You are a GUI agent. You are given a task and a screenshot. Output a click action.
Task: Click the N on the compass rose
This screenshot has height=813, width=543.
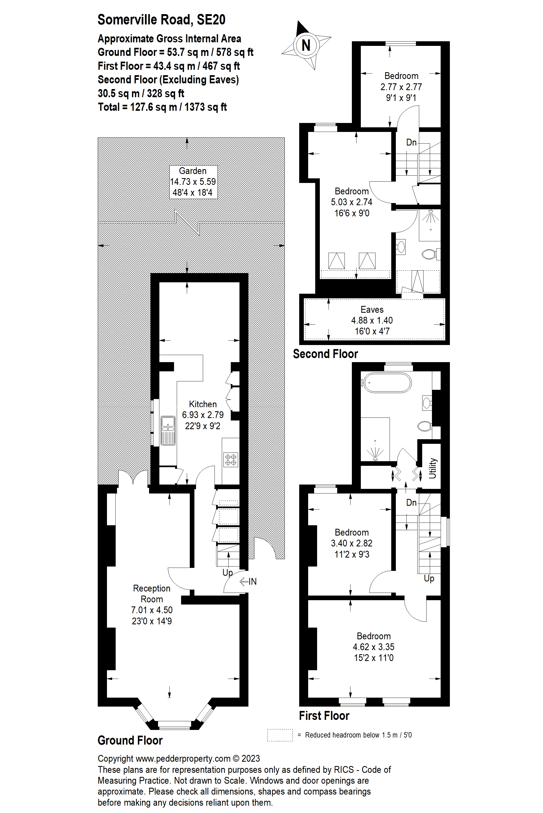[306, 45]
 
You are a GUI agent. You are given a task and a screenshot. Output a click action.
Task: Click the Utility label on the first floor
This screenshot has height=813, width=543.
[432, 468]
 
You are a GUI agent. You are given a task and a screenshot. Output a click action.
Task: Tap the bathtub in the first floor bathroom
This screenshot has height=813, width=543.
[387, 382]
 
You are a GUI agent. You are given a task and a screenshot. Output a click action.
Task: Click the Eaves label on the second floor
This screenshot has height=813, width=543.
[372, 309]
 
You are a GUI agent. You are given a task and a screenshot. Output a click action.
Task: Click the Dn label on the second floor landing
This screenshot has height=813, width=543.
[411, 142]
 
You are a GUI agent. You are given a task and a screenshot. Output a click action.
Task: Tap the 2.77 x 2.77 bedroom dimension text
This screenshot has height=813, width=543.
[401, 87]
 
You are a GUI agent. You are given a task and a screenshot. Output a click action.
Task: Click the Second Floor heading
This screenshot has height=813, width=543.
[325, 354]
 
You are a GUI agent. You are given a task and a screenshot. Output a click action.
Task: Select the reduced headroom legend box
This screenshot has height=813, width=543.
[280, 735]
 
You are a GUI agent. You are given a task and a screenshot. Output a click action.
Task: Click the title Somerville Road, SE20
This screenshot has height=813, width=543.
[161, 20]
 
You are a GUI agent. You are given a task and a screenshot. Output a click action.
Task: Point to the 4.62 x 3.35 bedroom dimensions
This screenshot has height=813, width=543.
[373, 647]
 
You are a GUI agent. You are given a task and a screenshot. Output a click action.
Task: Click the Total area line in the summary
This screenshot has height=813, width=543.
[162, 107]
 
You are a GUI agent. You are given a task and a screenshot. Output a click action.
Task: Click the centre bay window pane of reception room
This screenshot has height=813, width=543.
[174, 724]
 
